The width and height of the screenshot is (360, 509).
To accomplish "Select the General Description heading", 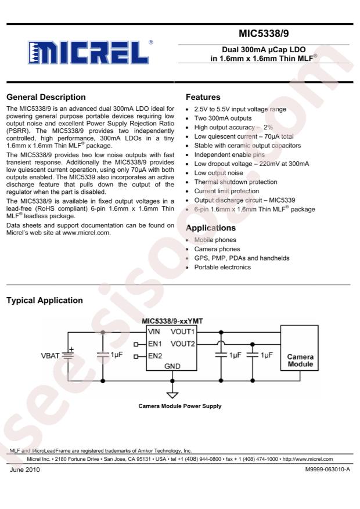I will (45, 97).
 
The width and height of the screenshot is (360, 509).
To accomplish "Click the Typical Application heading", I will (44, 301).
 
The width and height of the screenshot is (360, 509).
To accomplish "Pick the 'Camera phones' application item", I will (217, 249).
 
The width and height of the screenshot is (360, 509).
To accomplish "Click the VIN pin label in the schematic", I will (154, 333).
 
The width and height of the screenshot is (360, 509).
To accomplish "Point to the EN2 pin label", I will (154, 355).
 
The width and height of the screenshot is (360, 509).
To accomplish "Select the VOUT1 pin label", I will (183, 333).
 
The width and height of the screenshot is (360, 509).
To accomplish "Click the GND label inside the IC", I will (172, 366).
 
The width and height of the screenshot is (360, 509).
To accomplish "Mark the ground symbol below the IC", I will (172, 395).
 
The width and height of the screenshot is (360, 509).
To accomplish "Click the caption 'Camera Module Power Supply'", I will (179, 406).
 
